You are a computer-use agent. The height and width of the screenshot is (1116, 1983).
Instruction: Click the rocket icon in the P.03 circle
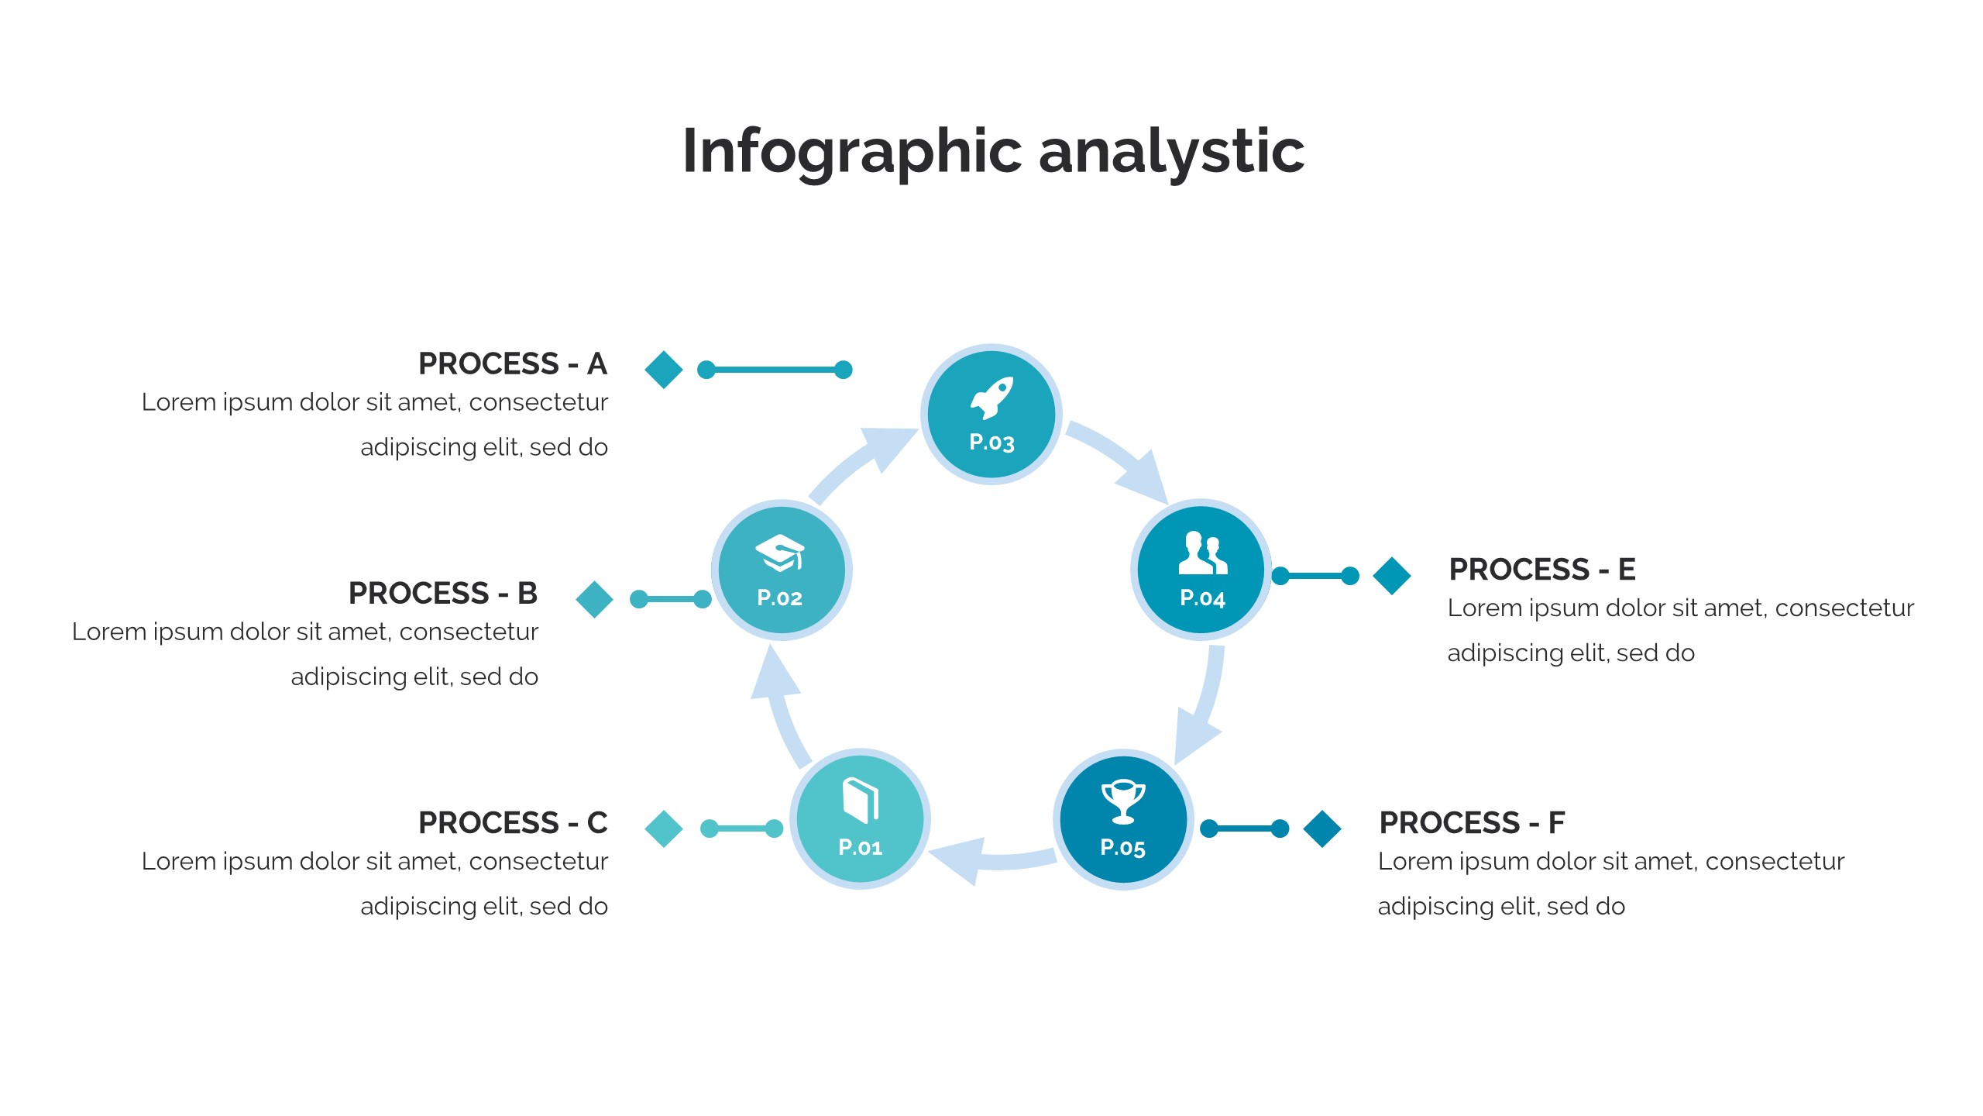(991, 398)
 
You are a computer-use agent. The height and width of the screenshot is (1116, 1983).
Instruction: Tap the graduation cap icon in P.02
(779, 553)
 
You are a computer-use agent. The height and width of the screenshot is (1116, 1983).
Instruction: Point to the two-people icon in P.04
(1202, 553)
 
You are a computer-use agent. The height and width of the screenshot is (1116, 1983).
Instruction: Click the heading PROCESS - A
(512, 363)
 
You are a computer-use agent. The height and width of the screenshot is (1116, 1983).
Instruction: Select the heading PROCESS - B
(442, 593)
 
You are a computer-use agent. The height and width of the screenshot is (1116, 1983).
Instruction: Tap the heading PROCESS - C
(512, 822)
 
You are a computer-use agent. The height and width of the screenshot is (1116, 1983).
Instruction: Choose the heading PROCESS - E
(1541, 569)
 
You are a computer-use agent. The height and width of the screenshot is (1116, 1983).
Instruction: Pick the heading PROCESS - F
(1472, 822)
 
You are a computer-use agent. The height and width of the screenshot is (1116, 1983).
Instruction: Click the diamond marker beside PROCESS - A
(664, 370)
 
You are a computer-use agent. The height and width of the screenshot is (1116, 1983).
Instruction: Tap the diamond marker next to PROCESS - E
(1392, 576)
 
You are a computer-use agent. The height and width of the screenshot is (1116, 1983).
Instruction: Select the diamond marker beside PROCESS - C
(664, 828)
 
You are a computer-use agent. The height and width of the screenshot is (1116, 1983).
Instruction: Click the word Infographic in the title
(852, 152)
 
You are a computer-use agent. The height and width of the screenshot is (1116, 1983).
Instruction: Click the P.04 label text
(1202, 598)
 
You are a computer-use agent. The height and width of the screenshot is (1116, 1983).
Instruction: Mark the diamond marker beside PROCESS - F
(1322, 828)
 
